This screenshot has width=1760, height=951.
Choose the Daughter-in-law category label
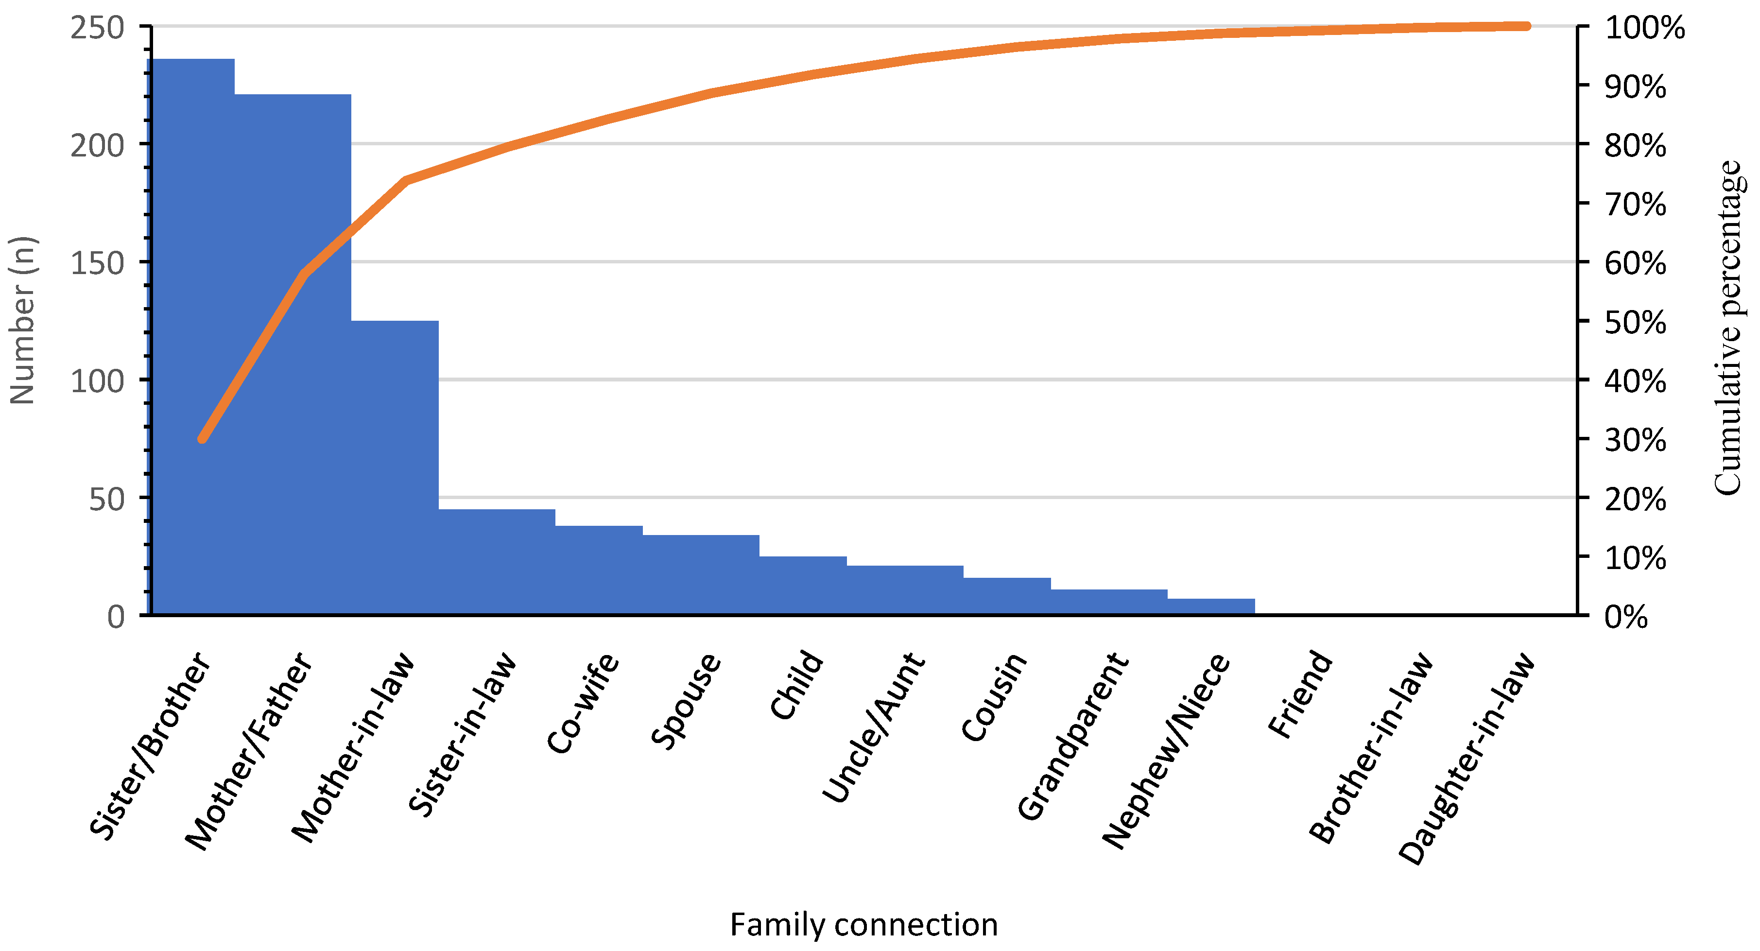[1467, 759]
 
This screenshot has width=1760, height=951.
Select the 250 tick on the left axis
[97, 28]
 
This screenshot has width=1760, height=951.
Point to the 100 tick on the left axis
[97, 381]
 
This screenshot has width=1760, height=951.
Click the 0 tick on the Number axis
[116, 617]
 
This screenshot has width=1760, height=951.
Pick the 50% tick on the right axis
[1635, 323]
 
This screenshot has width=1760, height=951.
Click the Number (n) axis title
[22, 320]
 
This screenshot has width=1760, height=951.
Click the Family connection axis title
[863, 924]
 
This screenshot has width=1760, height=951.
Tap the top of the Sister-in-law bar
[497, 510]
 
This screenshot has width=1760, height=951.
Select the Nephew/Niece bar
[1211, 606]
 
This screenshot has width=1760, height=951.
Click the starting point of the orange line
[202, 439]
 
